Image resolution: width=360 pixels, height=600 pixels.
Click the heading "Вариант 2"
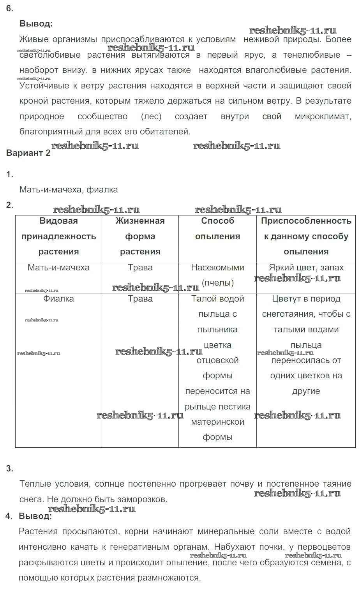(28, 153)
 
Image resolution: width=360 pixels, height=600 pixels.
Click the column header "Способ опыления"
(217, 229)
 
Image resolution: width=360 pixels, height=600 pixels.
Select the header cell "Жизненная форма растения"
(140, 236)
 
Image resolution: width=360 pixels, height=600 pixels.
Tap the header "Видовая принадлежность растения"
(58, 236)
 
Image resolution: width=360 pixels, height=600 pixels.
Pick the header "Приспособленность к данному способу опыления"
(306, 236)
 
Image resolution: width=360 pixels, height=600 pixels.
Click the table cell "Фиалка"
(58, 299)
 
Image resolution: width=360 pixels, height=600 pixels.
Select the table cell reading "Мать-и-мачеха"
(58, 268)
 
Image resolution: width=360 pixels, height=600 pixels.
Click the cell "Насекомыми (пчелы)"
(217, 275)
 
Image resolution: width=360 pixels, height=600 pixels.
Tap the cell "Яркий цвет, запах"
(306, 268)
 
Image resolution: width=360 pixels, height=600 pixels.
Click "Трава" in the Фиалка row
(140, 299)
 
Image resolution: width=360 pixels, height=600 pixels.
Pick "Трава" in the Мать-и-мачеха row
(140, 268)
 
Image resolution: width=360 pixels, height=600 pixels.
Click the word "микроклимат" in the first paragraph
(323, 116)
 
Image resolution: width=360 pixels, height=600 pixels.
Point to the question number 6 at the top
(10, 9)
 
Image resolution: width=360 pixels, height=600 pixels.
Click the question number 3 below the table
(10, 469)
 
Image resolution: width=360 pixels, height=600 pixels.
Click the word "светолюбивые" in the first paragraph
(49, 55)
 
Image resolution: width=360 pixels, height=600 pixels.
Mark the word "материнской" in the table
(217, 422)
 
